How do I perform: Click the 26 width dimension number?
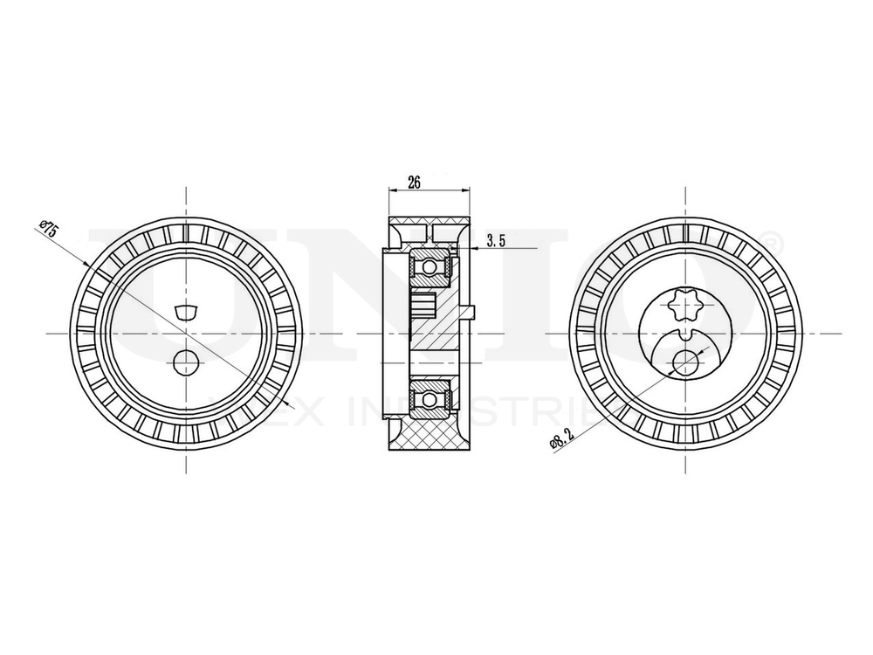415,183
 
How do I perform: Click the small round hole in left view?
185,359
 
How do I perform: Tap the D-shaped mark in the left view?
186,311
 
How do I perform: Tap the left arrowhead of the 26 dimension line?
389,190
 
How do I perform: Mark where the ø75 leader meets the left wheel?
87,263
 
